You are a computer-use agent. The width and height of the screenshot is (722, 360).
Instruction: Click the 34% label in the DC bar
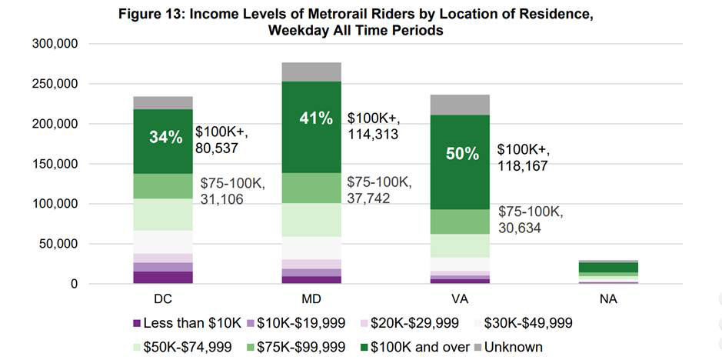click(166, 138)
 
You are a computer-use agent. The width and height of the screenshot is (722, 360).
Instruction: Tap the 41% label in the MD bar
click(316, 118)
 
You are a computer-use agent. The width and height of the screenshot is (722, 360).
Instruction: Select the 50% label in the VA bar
click(462, 154)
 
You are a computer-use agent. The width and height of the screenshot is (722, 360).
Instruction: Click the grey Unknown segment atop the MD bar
click(311, 72)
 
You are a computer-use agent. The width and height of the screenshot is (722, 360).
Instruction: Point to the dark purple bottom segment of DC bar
click(163, 278)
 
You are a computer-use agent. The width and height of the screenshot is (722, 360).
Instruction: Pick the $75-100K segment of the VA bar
click(460, 222)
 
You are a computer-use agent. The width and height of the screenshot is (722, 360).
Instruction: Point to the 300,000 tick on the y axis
click(55, 44)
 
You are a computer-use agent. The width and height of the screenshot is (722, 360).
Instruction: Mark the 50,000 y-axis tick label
click(58, 244)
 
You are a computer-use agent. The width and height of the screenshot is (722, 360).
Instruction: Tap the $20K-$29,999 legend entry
click(408, 324)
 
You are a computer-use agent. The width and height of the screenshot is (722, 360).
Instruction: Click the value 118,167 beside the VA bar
click(522, 165)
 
